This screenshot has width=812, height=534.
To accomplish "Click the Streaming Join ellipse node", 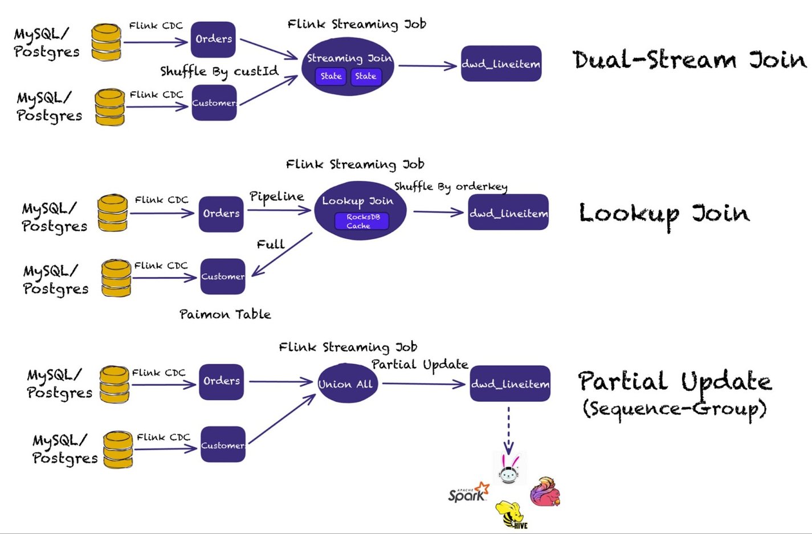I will point(348,66).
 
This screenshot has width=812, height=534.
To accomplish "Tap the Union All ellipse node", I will point(346,384).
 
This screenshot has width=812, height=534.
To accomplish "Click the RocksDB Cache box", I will point(362,221).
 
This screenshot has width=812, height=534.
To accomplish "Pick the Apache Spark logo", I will point(468,494).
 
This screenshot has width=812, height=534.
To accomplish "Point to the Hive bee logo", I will point(511,515).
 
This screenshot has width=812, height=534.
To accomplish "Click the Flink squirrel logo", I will point(545,492).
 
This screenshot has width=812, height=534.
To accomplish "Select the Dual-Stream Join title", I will point(689,60).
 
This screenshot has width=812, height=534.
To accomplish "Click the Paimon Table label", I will point(225,314).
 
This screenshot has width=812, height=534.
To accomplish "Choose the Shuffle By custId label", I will point(219,71).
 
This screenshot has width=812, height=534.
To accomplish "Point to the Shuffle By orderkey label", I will point(451,186).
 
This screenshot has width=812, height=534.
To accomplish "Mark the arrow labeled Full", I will point(281,254).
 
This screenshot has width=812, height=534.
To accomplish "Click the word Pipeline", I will point(276,197).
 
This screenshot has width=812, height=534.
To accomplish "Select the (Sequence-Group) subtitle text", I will point(675,409).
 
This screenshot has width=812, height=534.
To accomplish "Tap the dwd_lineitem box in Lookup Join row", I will point(508,213).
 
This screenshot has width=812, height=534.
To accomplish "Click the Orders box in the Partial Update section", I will point(222,381).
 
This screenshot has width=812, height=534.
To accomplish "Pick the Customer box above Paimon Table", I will point(222,276).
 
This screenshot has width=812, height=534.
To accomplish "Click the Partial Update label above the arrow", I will point(420,365).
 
